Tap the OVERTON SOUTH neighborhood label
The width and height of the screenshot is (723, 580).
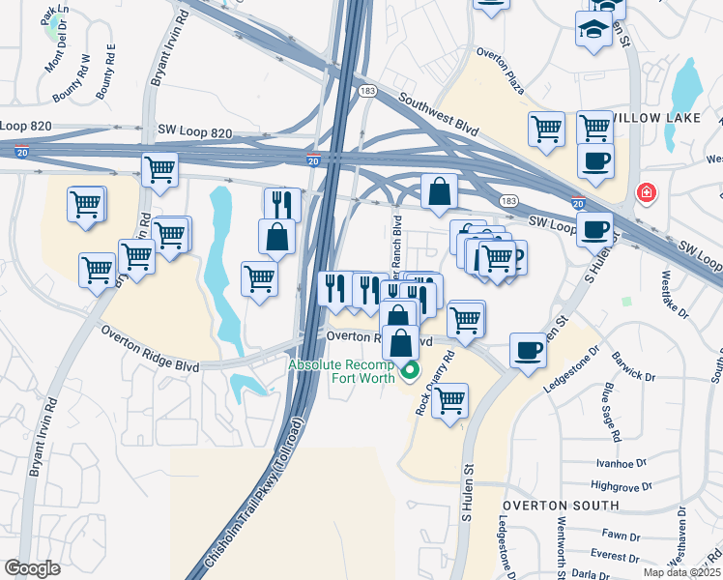pyautogui.click(x=560, y=506)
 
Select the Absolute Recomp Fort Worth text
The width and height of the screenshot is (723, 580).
pyautogui.click(x=341, y=371)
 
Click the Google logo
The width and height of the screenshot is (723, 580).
pyautogui.click(x=32, y=568)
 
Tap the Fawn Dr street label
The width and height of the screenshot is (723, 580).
pyautogui.click(x=615, y=533)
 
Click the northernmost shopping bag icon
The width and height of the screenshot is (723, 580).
pyautogui.click(x=440, y=191)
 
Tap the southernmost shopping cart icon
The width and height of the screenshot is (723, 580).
pyautogui.click(x=449, y=400)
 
